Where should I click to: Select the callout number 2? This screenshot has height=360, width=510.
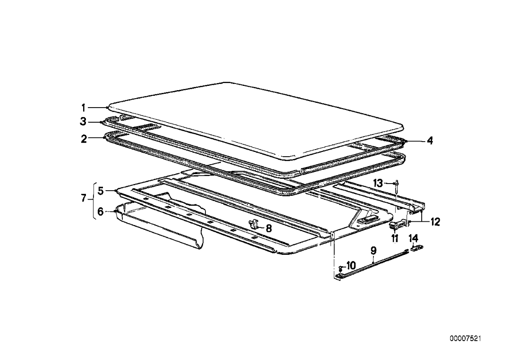84,139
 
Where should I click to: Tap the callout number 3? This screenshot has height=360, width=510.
84,122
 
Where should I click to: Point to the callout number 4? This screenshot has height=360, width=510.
430,141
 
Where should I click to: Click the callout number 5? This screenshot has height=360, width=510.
101,191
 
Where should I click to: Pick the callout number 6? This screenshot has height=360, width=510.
101,212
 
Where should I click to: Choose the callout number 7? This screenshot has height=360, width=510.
84,199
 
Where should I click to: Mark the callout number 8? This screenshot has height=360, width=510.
269,228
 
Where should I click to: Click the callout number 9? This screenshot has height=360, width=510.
374,250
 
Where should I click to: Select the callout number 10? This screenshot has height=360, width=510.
351,266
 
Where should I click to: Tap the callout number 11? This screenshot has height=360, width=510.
395,238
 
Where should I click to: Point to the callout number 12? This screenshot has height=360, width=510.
434,222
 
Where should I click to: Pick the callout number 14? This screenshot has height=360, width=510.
413,238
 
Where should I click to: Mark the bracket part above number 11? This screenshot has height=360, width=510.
397,225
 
